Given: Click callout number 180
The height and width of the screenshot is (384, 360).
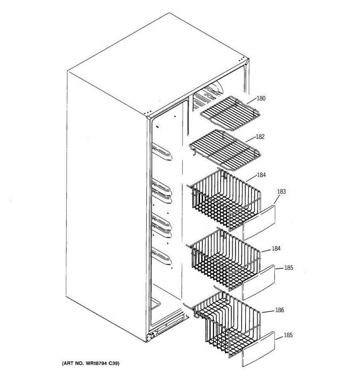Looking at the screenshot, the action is click(x=261, y=99).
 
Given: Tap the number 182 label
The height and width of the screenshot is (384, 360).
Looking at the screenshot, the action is click(x=260, y=137).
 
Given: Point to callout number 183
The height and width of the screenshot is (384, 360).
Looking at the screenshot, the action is click(x=281, y=192).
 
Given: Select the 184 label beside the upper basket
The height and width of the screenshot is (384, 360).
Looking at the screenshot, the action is click(x=261, y=175).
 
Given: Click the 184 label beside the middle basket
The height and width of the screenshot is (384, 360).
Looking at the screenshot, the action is click(x=276, y=248).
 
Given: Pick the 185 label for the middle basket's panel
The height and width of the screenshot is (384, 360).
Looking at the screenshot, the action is click(x=289, y=268).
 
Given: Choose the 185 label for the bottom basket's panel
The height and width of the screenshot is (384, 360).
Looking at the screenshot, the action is click(x=288, y=335).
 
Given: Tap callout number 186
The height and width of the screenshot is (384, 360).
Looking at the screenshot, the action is click(x=279, y=310).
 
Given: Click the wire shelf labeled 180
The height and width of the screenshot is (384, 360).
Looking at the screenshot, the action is click(x=230, y=114).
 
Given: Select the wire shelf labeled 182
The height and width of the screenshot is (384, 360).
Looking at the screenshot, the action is click(x=224, y=149).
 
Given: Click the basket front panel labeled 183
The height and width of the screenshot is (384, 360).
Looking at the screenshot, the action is click(x=259, y=222).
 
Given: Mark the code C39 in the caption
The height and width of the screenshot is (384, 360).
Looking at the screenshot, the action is click(x=113, y=364).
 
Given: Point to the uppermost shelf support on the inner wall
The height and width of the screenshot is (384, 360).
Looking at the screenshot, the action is click(x=162, y=152).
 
